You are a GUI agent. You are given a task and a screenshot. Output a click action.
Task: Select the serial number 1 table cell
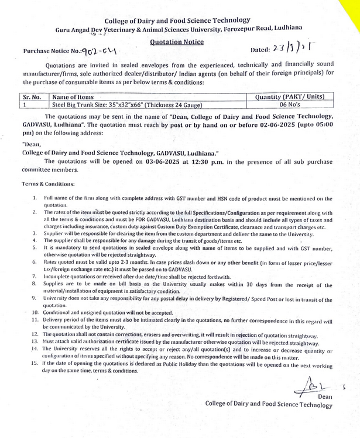(x=26, y=105)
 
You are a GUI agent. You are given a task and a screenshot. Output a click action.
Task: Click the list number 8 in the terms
(x=36, y=283)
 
